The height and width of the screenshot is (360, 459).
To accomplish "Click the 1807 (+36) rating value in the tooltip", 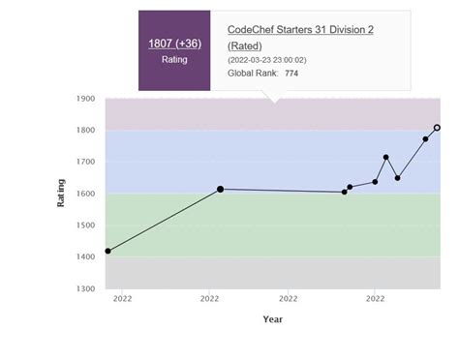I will click(174, 44).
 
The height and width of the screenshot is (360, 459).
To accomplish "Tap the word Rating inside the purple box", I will click(174, 60).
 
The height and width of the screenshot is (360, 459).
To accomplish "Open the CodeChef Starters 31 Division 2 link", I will click(300, 30).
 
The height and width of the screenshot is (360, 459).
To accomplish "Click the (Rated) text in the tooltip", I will click(246, 45).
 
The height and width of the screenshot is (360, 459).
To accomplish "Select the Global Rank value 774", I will click(291, 74).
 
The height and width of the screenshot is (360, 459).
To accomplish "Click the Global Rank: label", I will click(253, 74).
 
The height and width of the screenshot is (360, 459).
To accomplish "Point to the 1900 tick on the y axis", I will click(85, 99).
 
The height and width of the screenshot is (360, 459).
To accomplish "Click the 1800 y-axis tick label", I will click(85, 131).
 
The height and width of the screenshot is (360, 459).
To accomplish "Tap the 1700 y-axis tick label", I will click(85, 163).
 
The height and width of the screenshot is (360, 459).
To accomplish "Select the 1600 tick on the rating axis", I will click(85, 195).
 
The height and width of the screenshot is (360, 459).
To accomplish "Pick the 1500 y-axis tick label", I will click(85, 225).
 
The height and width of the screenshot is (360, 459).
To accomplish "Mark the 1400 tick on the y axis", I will click(85, 257).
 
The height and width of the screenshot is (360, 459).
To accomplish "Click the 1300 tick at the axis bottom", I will click(85, 289).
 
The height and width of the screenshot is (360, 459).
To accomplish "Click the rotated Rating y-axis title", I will click(61, 193).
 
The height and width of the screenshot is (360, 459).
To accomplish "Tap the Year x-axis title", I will click(273, 319).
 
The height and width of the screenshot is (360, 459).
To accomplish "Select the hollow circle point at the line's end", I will click(437, 128).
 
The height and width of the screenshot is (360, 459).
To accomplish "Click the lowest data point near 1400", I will click(107, 251).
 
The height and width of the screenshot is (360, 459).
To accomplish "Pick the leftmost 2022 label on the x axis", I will click(122, 299).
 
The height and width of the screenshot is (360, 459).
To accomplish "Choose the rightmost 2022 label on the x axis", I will click(375, 299).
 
